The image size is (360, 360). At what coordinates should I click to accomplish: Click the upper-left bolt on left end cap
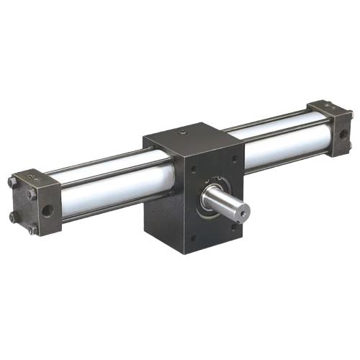[x=12, y=181]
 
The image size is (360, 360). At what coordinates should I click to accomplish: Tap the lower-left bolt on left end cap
[x=12, y=217]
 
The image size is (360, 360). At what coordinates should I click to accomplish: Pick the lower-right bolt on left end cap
[x=32, y=230]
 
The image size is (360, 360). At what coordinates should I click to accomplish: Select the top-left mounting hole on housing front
[x=194, y=168]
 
